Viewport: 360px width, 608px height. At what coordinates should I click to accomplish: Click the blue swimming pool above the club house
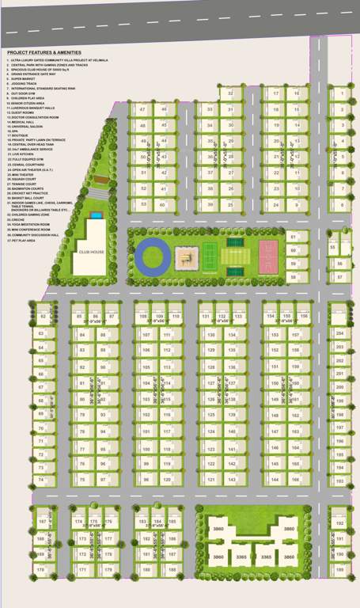(95, 214)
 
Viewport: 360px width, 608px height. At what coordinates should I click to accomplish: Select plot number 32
(229, 93)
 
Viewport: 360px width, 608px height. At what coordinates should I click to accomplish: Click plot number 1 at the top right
(341, 93)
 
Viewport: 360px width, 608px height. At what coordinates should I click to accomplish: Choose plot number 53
(143, 204)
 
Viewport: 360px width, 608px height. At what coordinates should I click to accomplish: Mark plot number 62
(42, 317)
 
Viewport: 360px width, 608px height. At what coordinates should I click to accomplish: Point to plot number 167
(42, 522)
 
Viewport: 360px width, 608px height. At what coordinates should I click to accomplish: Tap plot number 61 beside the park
(292, 237)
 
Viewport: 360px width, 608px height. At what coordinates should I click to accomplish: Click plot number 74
(42, 481)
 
